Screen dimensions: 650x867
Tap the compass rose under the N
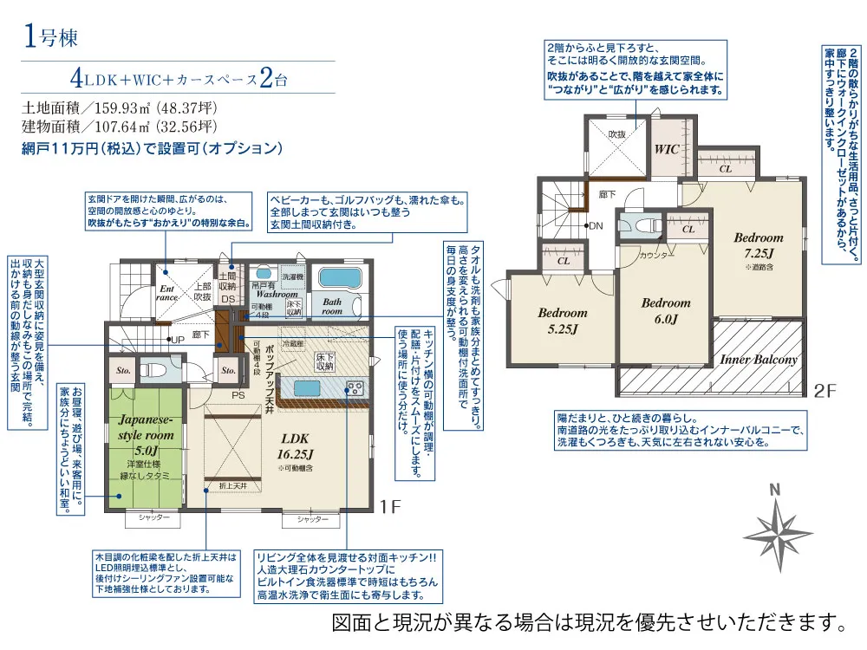point(778,528)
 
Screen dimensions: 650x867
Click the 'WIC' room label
point(667,148)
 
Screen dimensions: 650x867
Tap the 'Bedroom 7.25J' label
point(758,244)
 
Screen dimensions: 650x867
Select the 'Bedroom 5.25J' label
point(562,320)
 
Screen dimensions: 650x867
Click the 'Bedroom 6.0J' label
point(666,310)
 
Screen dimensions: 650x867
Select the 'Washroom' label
point(277,294)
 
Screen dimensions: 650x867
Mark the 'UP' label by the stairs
point(177,339)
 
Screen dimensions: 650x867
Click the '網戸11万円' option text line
point(152,148)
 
